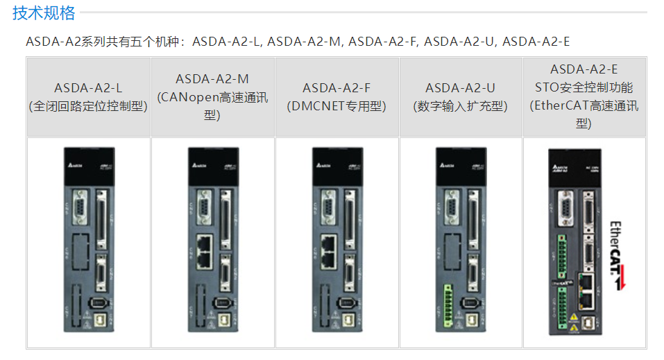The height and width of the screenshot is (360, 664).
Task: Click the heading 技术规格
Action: tap(44, 13)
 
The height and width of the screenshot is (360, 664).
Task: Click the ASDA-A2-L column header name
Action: tap(88, 88)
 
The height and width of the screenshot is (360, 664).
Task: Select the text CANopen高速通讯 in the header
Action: tap(212, 97)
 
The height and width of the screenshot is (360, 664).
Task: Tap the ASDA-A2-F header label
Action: tap(337, 88)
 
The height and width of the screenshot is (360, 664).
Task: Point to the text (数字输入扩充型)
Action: tap(460, 106)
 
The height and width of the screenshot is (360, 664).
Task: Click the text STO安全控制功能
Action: tap(584, 87)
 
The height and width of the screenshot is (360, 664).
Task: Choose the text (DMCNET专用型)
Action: tap(337, 106)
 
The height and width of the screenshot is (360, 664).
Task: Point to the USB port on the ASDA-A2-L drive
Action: tap(101, 320)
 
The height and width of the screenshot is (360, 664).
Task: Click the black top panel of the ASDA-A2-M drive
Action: tap(212, 166)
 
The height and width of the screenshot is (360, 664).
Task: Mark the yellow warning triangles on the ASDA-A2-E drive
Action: tap(574, 320)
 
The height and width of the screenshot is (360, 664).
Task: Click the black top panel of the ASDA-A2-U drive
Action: tap(460, 166)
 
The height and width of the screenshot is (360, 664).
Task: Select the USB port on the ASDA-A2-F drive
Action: tap(349, 320)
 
